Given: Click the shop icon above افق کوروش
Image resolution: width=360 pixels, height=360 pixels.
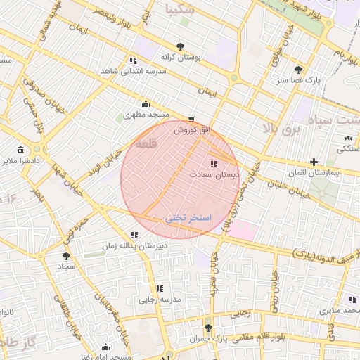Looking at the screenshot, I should [x=191, y=120].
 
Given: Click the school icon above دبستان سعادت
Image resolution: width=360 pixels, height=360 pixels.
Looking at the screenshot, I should [x=214, y=163].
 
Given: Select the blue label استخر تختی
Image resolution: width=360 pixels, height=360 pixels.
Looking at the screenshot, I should [x=188, y=219].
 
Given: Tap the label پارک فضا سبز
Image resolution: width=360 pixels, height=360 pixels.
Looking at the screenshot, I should [x=299, y=80].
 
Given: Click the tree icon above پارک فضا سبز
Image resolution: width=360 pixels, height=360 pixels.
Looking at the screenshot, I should [x=299, y=70].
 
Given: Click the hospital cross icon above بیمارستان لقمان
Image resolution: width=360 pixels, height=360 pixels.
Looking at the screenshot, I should [x=314, y=162].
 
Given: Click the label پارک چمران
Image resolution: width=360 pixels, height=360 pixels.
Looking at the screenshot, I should [x=207, y=338].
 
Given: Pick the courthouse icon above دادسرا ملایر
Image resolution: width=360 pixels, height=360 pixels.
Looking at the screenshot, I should [x=20, y=150].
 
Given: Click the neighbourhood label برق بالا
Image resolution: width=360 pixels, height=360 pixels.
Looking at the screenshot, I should [x=281, y=128].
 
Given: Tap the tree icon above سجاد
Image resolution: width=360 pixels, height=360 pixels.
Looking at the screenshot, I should [x=66, y=257].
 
